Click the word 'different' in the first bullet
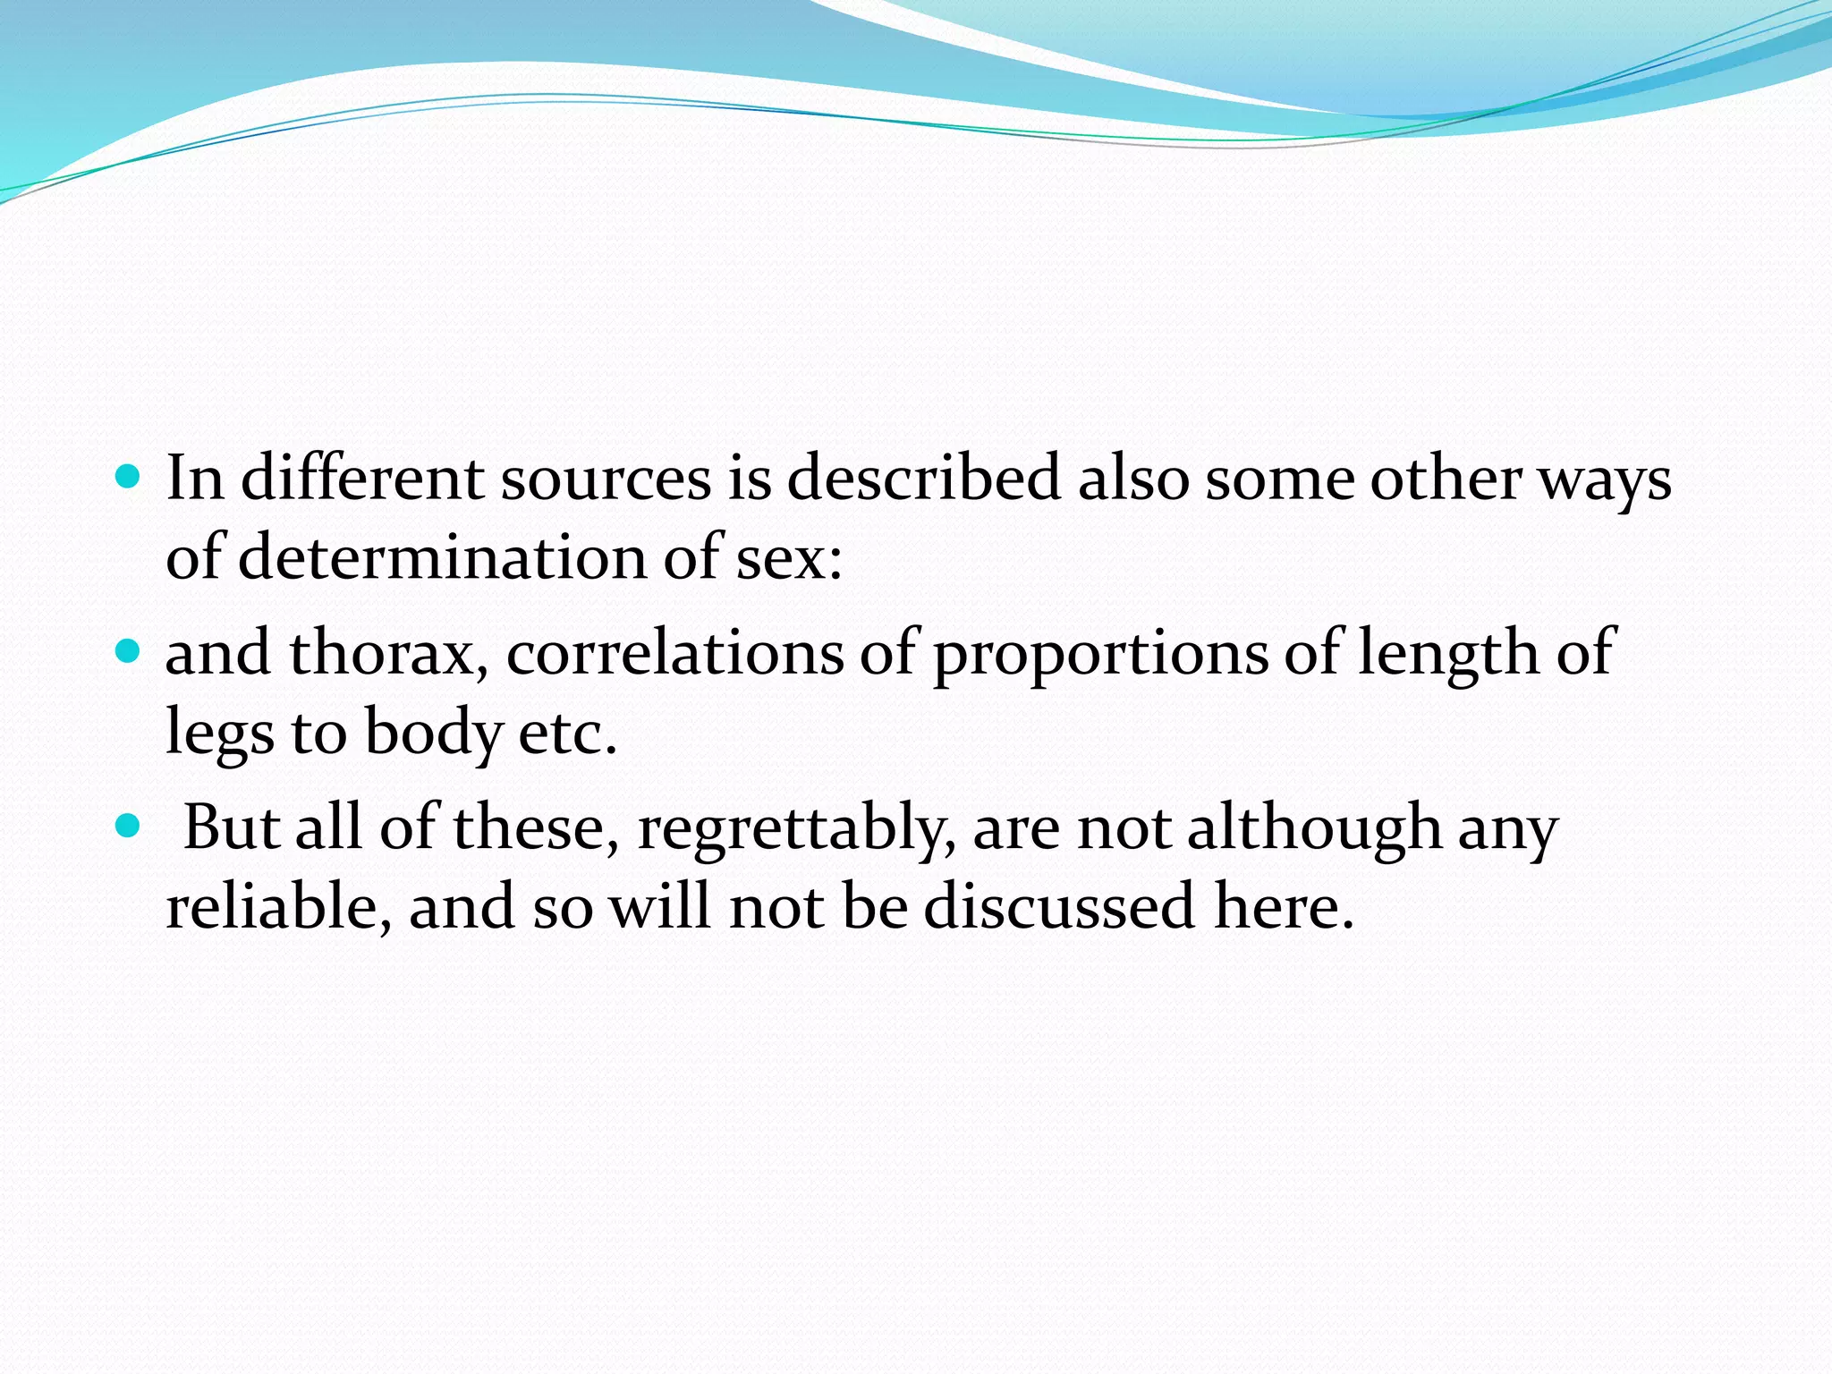tap(361, 478)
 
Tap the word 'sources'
tap(605, 478)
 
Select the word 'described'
tap(923, 478)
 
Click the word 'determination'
tap(442, 556)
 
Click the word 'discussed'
tap(1059, 905)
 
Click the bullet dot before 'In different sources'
tap(129, 476)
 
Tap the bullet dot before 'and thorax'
tap(129, 650)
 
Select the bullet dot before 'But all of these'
tap(129, 825)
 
